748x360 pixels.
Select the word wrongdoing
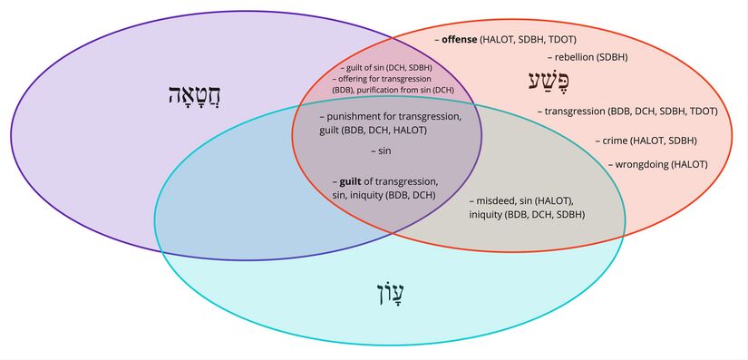point(642,164)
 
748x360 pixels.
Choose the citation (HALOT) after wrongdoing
point(688,164)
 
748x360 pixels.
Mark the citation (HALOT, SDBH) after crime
point(665,141)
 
